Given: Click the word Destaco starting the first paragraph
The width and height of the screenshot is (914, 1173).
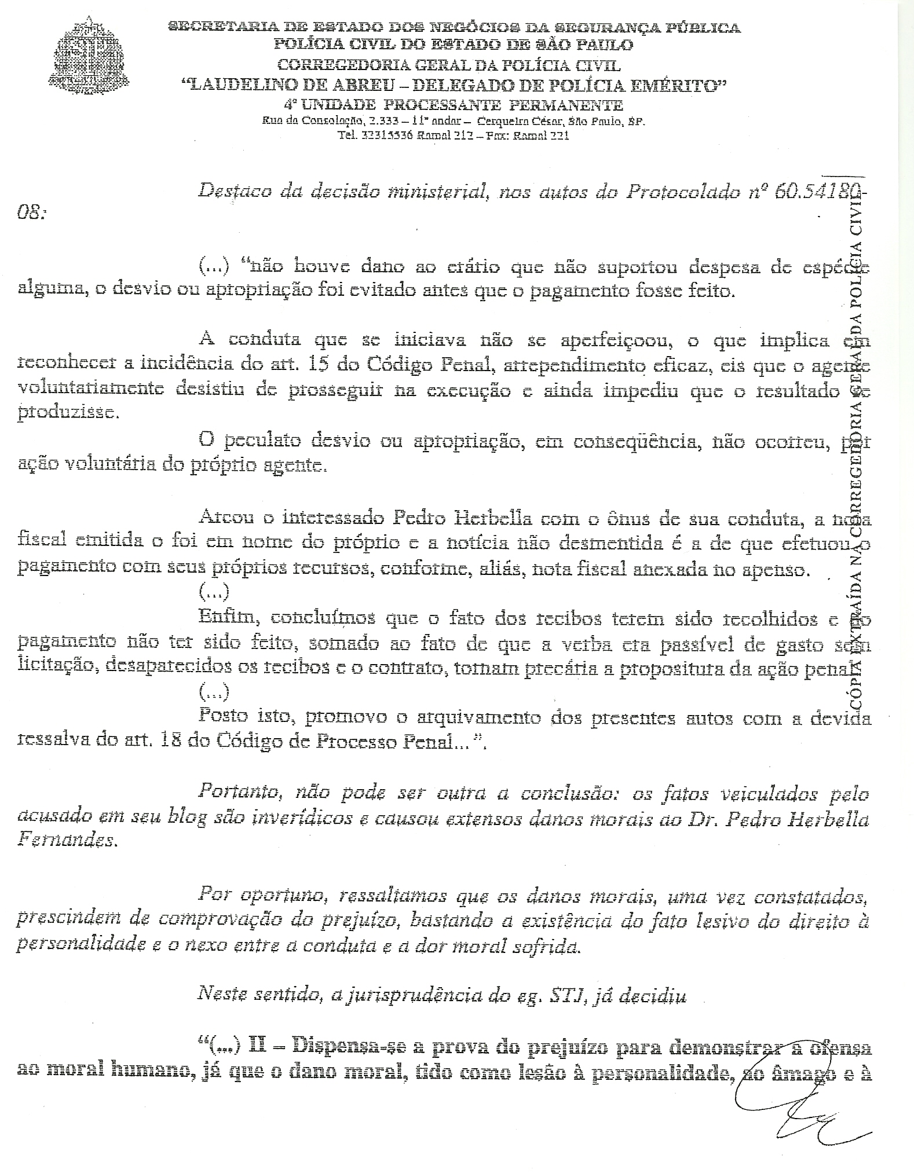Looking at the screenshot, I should (235, 191).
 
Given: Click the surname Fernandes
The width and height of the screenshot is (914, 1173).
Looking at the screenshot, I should (67, 841).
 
